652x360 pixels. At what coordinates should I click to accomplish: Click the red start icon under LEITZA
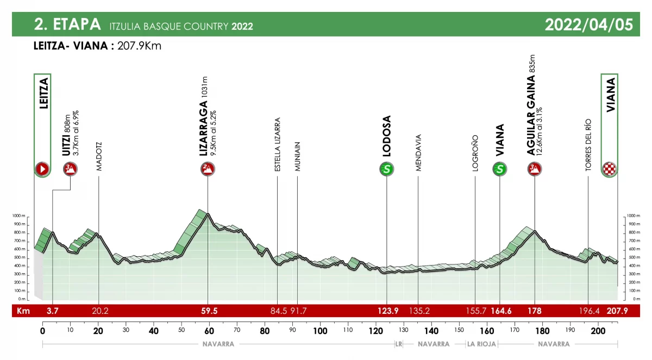coord(42,169)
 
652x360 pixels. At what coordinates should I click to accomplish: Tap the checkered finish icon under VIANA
coord(610,169)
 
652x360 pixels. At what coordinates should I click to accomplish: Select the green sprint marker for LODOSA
coord(386,169)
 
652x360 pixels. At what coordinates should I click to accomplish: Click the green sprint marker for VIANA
coord(500,169)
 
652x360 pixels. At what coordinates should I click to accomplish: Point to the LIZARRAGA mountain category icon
coord(208,169)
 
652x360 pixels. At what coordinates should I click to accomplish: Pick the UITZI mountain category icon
coord(70,169)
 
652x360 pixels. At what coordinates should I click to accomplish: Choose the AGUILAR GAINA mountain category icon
coord(535,169)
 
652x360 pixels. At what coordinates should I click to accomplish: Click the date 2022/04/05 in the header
coord(588,25)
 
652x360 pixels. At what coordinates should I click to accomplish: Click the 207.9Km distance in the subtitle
coord(140,46)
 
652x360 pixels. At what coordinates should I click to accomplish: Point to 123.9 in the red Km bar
coord(387,312)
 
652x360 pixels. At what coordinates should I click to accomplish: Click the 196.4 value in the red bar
coord(588,312)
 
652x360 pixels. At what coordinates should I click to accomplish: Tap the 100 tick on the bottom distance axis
coord(320,331)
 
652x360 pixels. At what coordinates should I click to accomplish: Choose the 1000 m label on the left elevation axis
coord(19,216)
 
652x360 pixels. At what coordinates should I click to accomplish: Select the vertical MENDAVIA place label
coord(418,153)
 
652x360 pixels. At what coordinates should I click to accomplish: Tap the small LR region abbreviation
coord(398,344)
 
